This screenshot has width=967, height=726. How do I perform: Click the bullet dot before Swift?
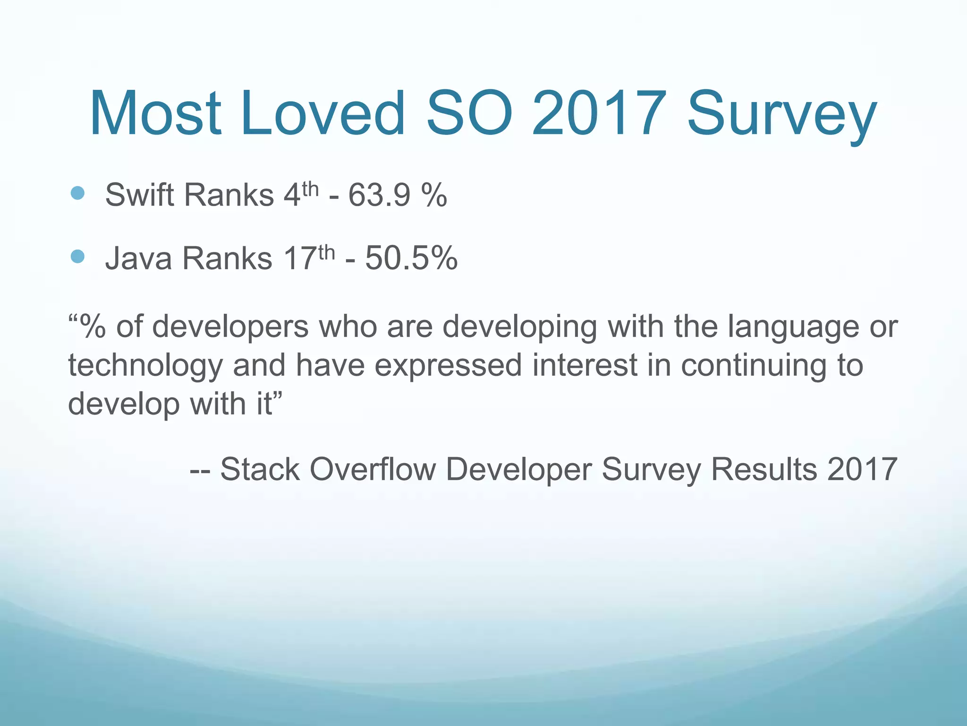click(77, 192)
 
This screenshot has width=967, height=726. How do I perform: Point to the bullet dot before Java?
click(77, 256)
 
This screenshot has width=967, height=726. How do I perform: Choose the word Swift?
click(140, 194)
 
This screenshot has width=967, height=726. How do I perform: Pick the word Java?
click(138, 259)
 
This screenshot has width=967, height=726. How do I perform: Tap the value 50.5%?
click(411, 259)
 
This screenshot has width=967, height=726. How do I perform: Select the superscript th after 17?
click(327, 253)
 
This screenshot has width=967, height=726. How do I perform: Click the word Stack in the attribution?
click(260, 469)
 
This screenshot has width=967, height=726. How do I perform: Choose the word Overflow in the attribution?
click(373, 469)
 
